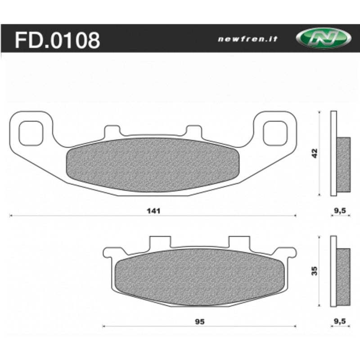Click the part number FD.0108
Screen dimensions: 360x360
(57, 40)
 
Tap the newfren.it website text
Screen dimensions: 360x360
(247, 39)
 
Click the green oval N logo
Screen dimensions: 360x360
(323, 39)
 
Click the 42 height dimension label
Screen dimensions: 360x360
(315, 153)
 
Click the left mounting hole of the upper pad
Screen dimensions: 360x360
(31, 133)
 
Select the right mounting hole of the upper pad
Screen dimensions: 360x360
(275, 133)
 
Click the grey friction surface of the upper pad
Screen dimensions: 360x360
(153, 164)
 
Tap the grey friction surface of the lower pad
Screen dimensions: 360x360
(200, 275)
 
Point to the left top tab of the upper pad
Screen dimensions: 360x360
(112, 131)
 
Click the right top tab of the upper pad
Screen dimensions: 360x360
(194, 131)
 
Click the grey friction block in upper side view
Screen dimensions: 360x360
(343, 164)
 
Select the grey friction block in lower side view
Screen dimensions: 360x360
(343, 275)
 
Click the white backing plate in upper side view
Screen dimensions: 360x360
(333, 153)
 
